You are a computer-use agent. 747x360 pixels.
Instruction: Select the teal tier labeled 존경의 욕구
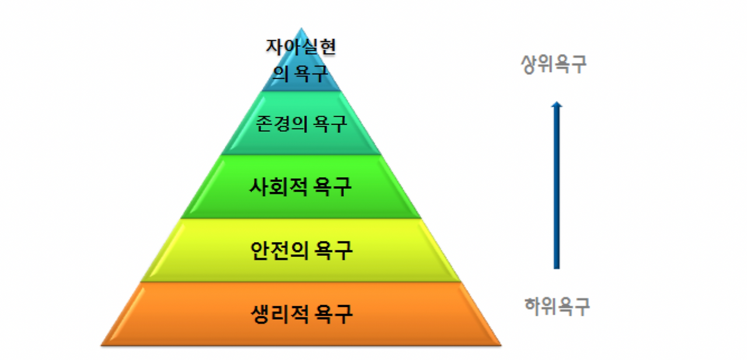tap(301, 124)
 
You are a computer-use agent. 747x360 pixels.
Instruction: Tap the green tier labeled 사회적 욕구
tap(301, 187)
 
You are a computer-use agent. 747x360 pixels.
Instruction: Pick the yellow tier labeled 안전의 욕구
tap(301, 250)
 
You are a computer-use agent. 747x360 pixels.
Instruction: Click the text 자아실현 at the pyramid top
tap(301, 48)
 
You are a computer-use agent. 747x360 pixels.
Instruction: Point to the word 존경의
tap(282, 124)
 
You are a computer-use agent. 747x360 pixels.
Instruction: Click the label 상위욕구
tap(554, 64)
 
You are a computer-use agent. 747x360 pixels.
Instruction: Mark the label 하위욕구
tap(557, 306)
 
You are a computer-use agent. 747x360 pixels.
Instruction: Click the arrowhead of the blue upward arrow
tap(557, 105)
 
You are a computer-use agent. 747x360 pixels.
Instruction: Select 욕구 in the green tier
tap(334, 187)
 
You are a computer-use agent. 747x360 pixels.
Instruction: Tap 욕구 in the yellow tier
tap(334, 250)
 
